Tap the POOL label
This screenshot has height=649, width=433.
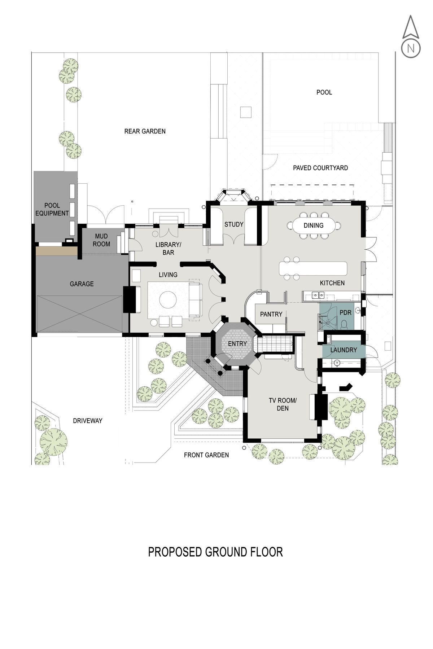pos(324,92)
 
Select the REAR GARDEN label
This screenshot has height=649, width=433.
pos(145,131)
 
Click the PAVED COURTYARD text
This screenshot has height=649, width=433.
pos(320,168)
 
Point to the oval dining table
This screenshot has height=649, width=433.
pos(313,226)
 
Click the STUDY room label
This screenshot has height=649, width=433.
pos(234,224)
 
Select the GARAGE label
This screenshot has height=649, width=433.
pos(82,284)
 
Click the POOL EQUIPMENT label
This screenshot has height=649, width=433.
pos(52,209)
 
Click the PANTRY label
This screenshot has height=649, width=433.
pos(271,314)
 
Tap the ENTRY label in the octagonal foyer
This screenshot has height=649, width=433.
pos(237,343)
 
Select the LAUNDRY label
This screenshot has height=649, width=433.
pos(344,350)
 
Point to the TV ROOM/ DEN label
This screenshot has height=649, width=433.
pos(283,404)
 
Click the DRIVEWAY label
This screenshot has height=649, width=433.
pos(88,421)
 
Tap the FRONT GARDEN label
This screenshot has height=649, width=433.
pos(206,455)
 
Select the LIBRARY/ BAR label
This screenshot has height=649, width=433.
pos(168,249)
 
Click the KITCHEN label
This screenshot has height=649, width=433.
pos(332,283)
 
